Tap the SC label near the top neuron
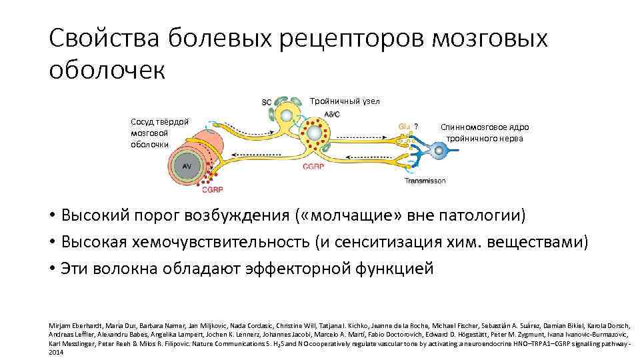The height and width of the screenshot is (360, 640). click(x=266, y=102)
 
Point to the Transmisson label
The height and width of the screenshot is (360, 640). click(x=425, y=181)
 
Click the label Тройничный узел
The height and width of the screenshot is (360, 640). click(x=345, y=101)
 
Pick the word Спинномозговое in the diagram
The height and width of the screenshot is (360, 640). click(x=467, y=127)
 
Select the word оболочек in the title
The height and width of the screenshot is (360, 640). click(x=105, y=69)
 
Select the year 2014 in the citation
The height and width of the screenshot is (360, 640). click(x=56, y=352)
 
